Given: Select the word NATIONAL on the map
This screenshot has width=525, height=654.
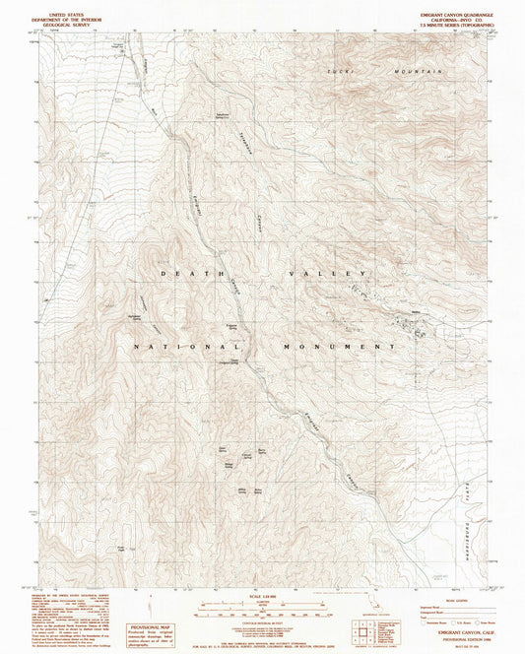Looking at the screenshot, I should pos(170,348).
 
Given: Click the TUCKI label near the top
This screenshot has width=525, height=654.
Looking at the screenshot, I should pos(340,73).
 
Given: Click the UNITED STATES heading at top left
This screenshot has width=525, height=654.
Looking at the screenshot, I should pos(63,8).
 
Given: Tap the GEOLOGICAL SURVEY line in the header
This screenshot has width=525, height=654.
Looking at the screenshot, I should pos(63,20).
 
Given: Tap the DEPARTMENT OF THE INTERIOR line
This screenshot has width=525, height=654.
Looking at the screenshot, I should pos(63,14).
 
